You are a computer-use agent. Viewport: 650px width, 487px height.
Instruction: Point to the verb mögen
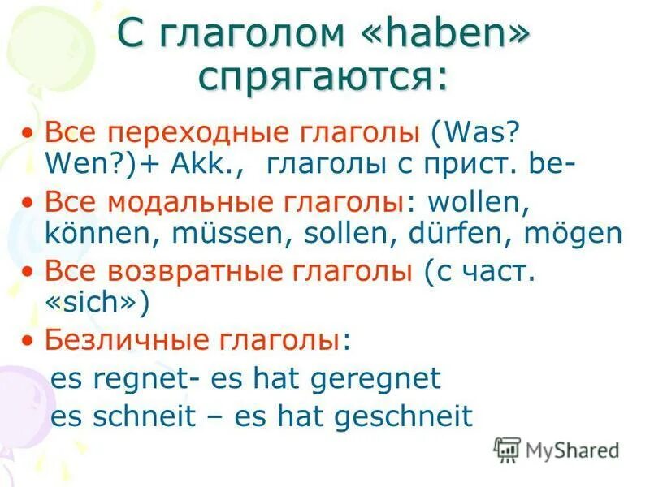click(573, 234)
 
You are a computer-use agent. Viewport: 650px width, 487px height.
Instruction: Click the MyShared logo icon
click(507, 449)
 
